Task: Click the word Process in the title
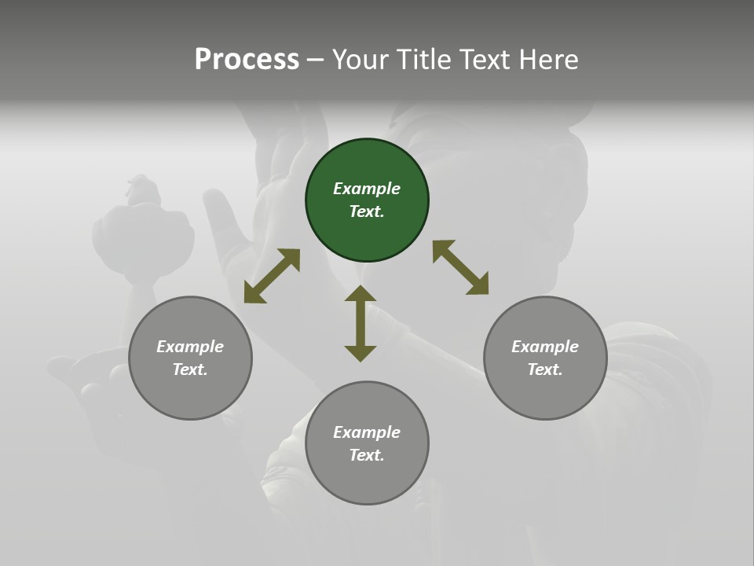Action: click(247, 59)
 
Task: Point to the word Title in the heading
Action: click(422, 59)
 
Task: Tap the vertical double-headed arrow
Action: click(361, 324)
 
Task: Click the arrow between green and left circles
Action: click(272, 276)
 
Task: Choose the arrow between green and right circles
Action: click(460, 267)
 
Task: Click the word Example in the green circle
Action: click(367, 189)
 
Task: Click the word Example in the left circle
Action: click(190, 347)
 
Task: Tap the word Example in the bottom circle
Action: click(367, 432)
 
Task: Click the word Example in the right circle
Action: click(545, 347)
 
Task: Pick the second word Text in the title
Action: click(482, 59)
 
